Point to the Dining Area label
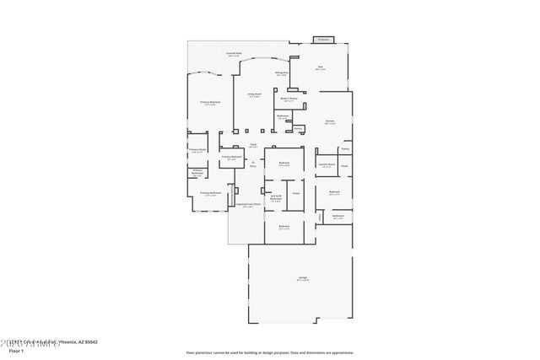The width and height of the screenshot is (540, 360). pyautogui.click(x=282, y=73)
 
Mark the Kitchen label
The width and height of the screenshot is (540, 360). pyautogui.click(x=330, y=122)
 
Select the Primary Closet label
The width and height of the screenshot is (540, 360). pyautogui.click(x=197, y=151)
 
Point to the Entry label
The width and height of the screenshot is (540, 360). pyautogui.click(x=252, y=167)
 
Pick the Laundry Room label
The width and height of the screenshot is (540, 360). pyautogui.click(x=327, y=165)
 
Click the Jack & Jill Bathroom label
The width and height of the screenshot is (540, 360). pyautogui.click(x=276, y=199)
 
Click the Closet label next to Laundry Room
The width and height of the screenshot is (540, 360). pyautogui.click(x=344, y=166)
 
